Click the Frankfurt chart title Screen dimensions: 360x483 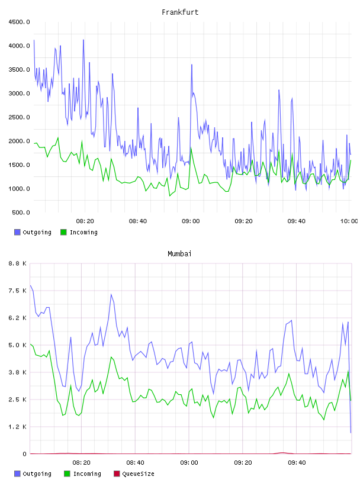(180, 12)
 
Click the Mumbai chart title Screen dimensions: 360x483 (179, 254)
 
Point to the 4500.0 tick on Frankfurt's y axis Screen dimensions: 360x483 (19, 22)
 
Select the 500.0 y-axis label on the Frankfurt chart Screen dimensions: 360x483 (21, 212)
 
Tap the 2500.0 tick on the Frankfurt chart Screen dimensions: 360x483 (19, 117)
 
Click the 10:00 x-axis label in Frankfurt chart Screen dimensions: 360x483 (349, 221)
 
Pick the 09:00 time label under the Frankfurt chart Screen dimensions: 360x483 (191, 221)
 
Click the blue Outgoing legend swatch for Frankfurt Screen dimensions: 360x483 (17, 232)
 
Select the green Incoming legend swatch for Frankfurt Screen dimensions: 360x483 (63, 232)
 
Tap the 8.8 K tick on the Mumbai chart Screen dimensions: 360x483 (18, 263)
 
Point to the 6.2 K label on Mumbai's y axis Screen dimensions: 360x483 (18, 318)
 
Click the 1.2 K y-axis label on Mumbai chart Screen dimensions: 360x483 (18, 427)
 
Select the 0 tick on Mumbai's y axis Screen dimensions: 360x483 (24, 454)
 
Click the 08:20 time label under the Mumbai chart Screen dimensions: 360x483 (81, 463)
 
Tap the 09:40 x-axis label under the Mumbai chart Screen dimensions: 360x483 (297, 463)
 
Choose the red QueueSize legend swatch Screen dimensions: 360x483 (117, 474)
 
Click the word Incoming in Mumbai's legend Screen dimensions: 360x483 (87, 474)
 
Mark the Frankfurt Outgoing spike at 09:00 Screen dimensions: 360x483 (192, 65)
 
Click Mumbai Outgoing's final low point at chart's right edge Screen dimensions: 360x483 (351, 433)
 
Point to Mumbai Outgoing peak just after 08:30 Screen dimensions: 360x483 (111, 295)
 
